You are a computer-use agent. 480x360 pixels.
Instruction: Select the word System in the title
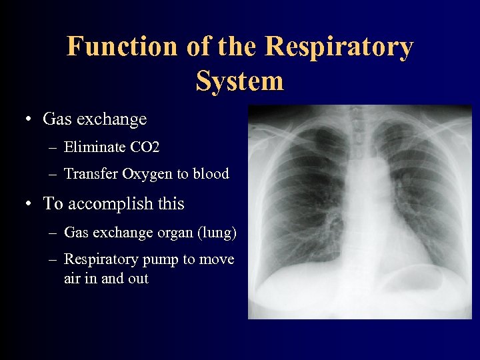point(240,81)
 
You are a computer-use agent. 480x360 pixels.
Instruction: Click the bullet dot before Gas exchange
point(30,120)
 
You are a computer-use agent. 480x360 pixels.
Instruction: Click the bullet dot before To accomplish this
point(30,204)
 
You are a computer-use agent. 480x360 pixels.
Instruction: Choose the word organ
point(175,233)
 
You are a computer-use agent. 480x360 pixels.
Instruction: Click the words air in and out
point(106,278)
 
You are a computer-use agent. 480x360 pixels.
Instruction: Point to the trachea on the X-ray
point(358,133)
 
